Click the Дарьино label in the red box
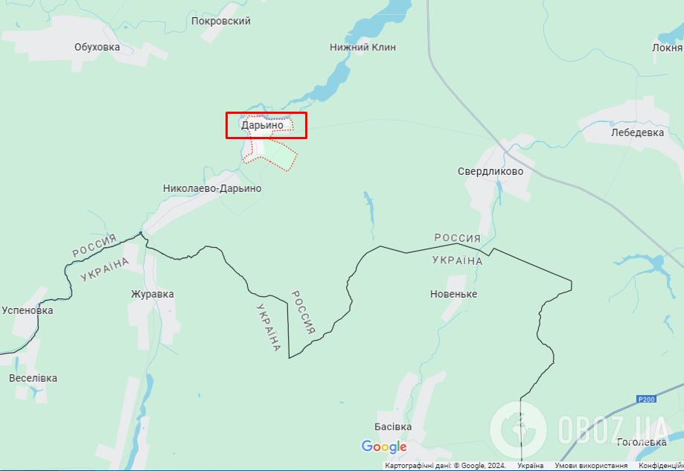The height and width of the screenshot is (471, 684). (262, 125)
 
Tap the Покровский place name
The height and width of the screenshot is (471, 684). (220, 22)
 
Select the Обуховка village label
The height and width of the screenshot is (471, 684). (97, 48)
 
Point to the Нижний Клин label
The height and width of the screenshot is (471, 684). (362, 48)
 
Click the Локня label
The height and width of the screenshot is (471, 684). (667, 48)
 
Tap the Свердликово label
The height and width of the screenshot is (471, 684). (490, 172)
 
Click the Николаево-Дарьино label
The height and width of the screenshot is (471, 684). (212, 189)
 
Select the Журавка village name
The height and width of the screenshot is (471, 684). (153, 294)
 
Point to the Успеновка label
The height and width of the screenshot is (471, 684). (28, 310)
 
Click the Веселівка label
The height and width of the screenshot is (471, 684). (33, 378)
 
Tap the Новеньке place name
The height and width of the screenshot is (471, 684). (454, 294)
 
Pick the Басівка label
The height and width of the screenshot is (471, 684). (393, 427)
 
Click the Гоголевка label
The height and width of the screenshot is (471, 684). (642, 442)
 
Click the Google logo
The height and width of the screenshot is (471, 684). (384, 446)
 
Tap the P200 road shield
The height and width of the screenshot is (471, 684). (647, 400)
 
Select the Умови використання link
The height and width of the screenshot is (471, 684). (591, 466)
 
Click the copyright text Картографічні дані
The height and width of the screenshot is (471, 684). (445, 466)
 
